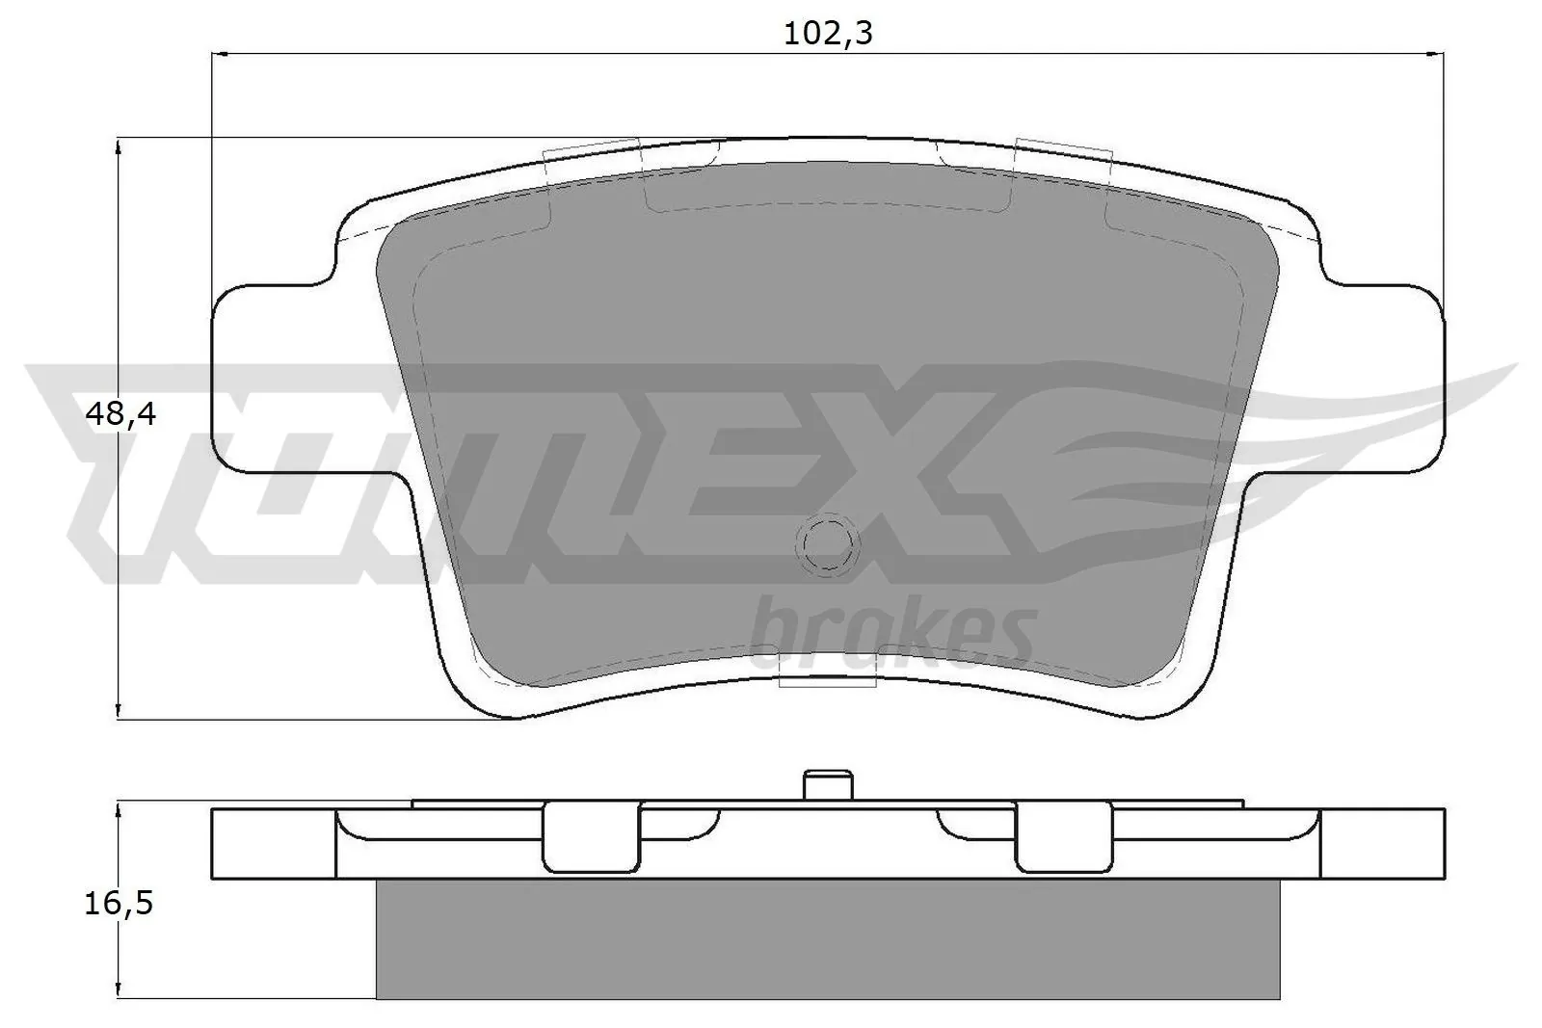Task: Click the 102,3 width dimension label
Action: pyautogui.click(x=827, y=34)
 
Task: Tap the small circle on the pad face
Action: pyautogui.click(x=827, y=545)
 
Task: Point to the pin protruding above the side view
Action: pyautogui.click(x=827, y=783)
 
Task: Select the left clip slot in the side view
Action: pyautogui.click(x=590, y=835)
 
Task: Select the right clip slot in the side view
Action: pyautogui.click(x=1064, y=835)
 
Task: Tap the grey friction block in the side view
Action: pyautogui.click(x=827, y=939)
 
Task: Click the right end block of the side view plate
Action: pyautogui.click(x=1383, y=843)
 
